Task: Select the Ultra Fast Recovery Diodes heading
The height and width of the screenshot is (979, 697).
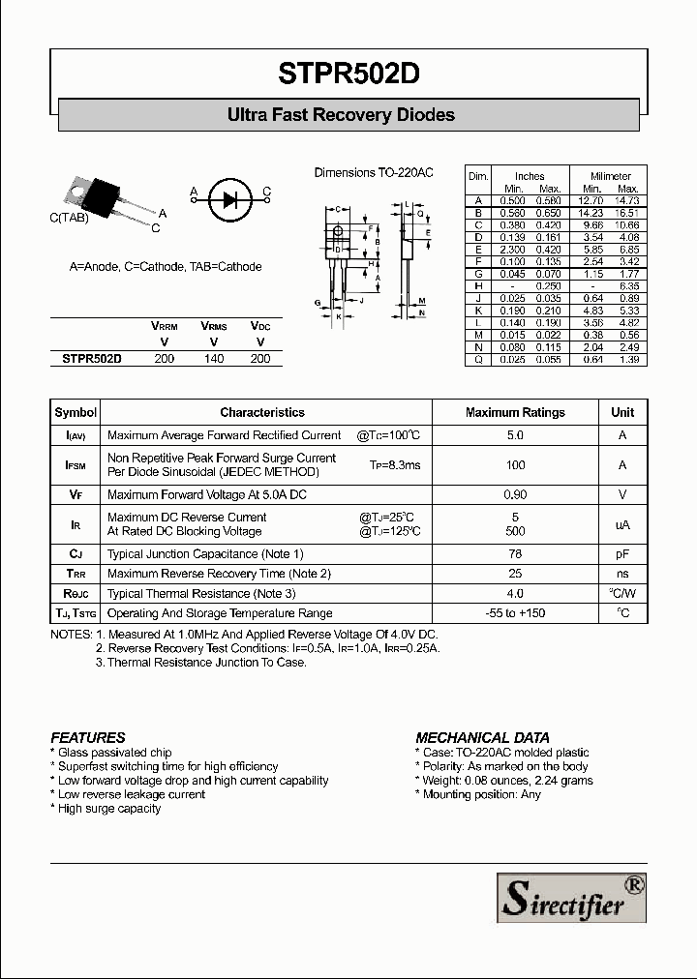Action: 341,115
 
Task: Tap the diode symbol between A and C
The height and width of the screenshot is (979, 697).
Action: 229,199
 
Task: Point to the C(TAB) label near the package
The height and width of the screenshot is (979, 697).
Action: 70,219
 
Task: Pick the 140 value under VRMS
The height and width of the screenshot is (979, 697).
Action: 213,358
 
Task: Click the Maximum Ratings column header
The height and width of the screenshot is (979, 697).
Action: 515,412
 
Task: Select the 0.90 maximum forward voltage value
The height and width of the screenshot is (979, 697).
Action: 515,494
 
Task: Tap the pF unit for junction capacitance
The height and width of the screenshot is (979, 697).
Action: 622,554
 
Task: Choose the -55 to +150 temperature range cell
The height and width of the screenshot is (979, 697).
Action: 515,613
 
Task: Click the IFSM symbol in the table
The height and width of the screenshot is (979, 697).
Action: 76,465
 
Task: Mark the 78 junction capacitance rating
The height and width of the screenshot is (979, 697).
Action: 515,554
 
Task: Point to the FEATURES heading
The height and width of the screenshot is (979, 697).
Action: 88,737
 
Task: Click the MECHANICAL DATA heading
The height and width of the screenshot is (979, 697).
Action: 482,737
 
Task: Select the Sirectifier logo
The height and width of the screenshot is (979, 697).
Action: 571,898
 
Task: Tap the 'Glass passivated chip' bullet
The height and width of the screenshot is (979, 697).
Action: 111,753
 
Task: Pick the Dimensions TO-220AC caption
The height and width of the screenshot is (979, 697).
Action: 374,172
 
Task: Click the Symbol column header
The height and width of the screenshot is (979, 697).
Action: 76,412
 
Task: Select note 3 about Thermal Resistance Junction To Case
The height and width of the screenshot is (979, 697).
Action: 200,663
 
